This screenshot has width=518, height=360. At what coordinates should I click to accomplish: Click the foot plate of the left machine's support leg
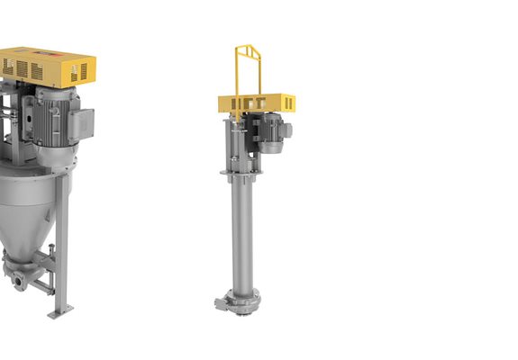pyautogui.click(x=61, y=310)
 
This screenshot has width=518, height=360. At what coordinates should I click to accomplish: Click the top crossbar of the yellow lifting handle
pyautogui.click(x=249, y=48)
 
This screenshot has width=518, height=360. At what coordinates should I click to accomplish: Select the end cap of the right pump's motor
pyautogui.click(x=287, y=131)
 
